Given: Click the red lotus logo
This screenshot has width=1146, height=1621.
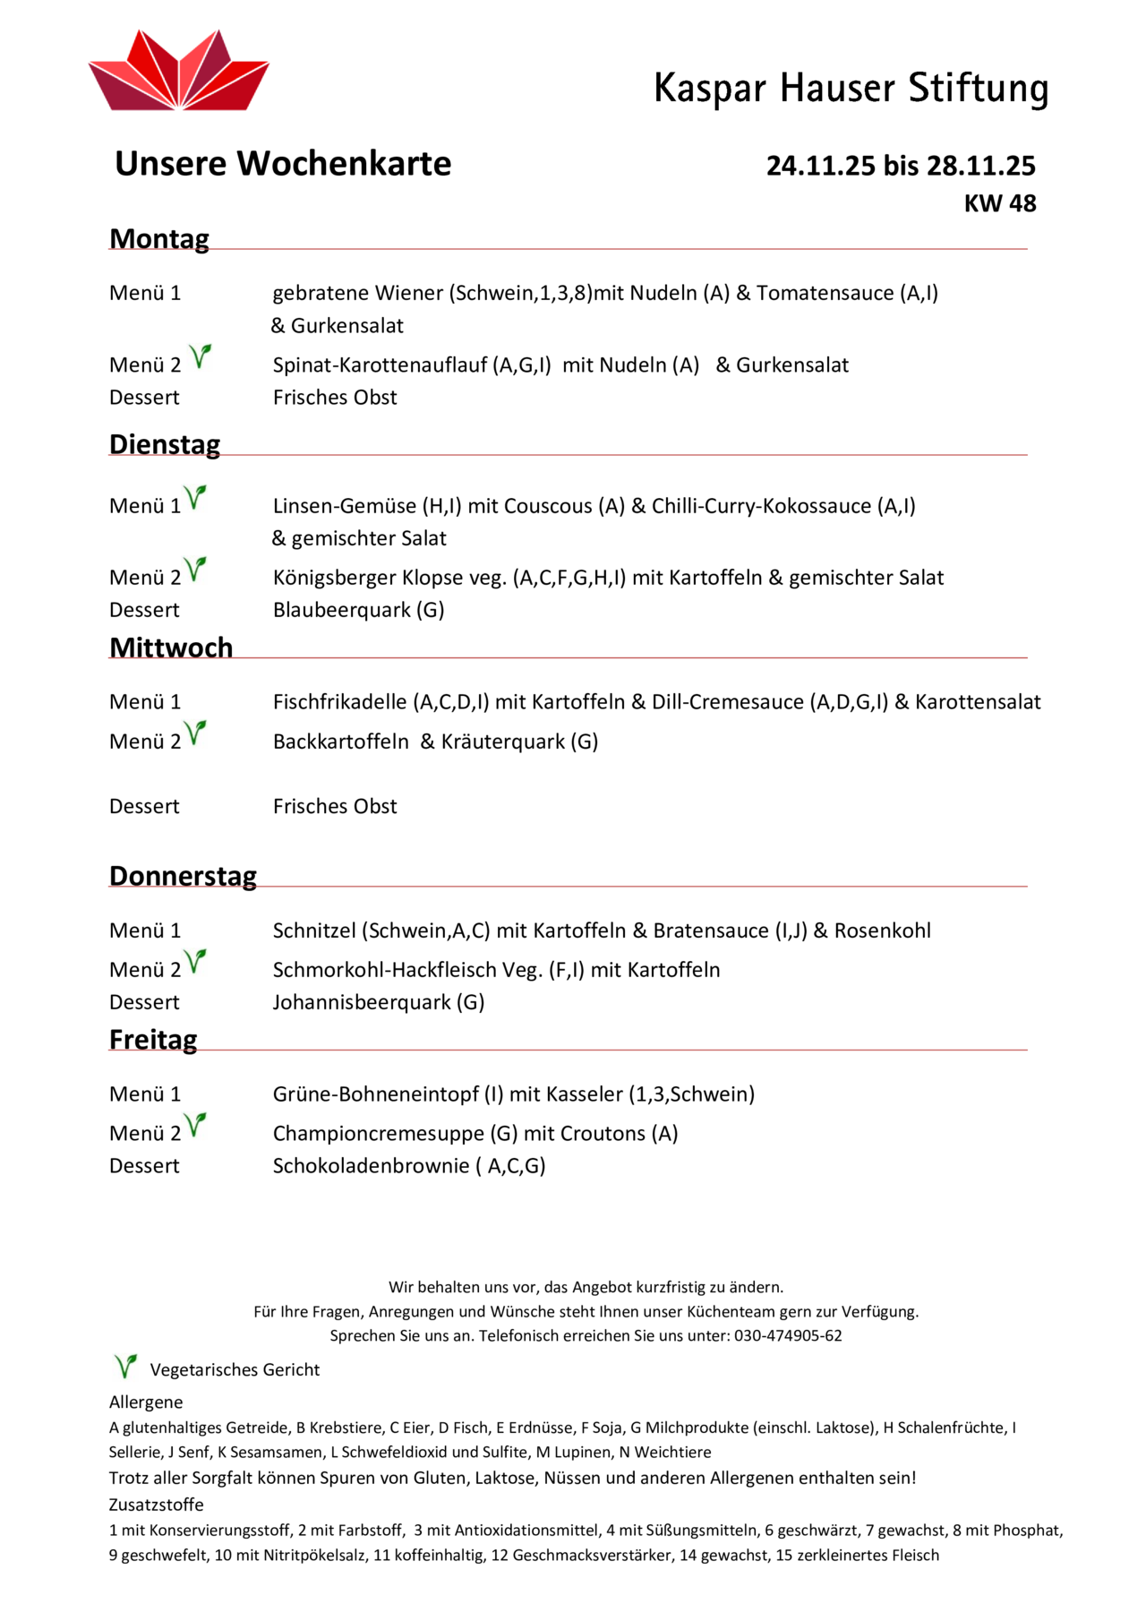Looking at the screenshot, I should tap(179, 72).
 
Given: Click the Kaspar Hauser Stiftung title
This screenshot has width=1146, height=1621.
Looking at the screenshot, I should tap(851, 89).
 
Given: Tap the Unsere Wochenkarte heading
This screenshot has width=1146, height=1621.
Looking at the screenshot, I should tap(283, 164).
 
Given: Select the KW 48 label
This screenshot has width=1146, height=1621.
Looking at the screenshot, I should tap(999, 203).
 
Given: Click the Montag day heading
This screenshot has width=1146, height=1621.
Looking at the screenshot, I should tap(159, 239).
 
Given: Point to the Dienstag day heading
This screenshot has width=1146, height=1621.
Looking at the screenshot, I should tap(165, 444).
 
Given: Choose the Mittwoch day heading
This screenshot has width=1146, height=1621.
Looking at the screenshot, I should tap(171, 648).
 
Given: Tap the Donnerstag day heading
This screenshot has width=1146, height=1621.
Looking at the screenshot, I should tap(183, 876).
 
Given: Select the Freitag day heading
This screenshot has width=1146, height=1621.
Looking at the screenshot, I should tap(153, 1040).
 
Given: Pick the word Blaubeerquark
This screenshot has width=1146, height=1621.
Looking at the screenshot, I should tap(342, 610).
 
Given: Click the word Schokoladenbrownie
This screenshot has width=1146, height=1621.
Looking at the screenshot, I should tap(371, 1166).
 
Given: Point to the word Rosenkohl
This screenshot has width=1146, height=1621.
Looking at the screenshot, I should tap(883, 931).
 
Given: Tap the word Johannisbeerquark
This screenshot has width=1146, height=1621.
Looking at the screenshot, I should tap(362, 1002).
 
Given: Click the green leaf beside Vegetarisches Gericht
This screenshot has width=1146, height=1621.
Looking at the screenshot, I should tap(125, 1367).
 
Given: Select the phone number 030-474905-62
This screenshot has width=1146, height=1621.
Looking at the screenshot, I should tap(788, 1335).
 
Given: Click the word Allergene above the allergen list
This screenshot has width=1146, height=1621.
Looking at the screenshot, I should tap(146, 1402).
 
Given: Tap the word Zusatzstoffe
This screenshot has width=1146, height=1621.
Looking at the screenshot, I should tap(157, 1505).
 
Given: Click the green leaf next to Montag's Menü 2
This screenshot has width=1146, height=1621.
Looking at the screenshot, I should tap(201, 357).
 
